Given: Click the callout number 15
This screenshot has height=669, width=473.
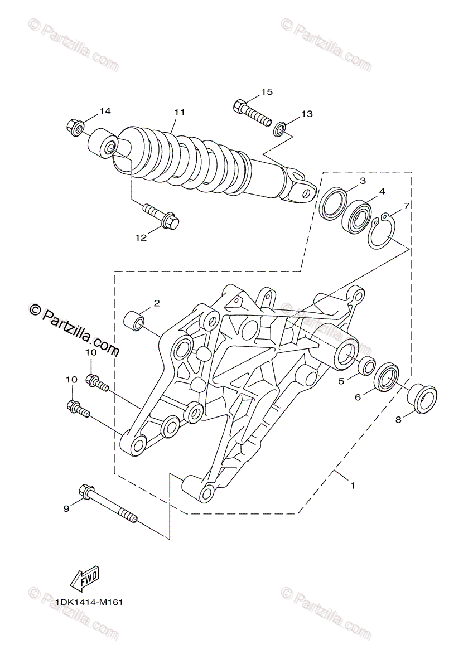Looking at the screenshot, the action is tap(267, 91).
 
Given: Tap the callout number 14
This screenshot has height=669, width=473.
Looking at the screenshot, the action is tap(105, 111).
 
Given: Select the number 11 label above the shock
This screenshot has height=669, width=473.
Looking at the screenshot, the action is tap(180, 113).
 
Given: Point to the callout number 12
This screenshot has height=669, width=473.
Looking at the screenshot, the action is tap(141, 237).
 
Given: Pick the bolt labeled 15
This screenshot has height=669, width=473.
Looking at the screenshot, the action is tap(252, 114).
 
